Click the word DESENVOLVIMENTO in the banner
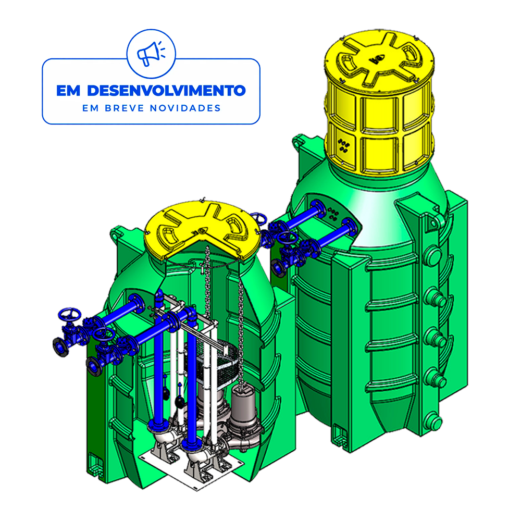coord(167,91)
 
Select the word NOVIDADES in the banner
coord(185,108)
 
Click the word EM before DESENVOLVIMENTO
coord(68,91)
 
